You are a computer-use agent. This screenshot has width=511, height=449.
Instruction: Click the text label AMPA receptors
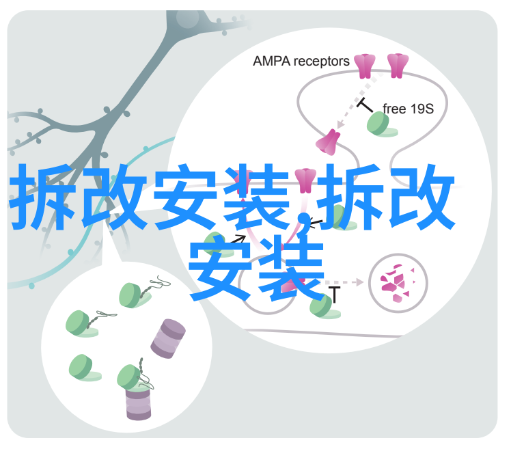click(301, 62)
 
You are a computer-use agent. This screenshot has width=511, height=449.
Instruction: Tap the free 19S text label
click(408, 109)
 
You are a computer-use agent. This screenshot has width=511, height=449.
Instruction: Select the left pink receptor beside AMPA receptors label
click(365, 66)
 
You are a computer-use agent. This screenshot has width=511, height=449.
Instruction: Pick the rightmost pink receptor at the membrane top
click(398, 66)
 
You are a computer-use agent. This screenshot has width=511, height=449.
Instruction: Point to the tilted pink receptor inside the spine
click(328, 142)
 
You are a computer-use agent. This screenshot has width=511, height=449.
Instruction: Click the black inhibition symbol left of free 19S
click(365, 105)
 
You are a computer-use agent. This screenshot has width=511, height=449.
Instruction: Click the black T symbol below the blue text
click(334, 295)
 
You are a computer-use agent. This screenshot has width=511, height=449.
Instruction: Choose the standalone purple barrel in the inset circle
click(168, 339)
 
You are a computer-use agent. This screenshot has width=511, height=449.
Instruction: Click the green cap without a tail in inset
click(85, 368)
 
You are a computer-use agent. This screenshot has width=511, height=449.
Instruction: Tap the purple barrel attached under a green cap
click(139, 403)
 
